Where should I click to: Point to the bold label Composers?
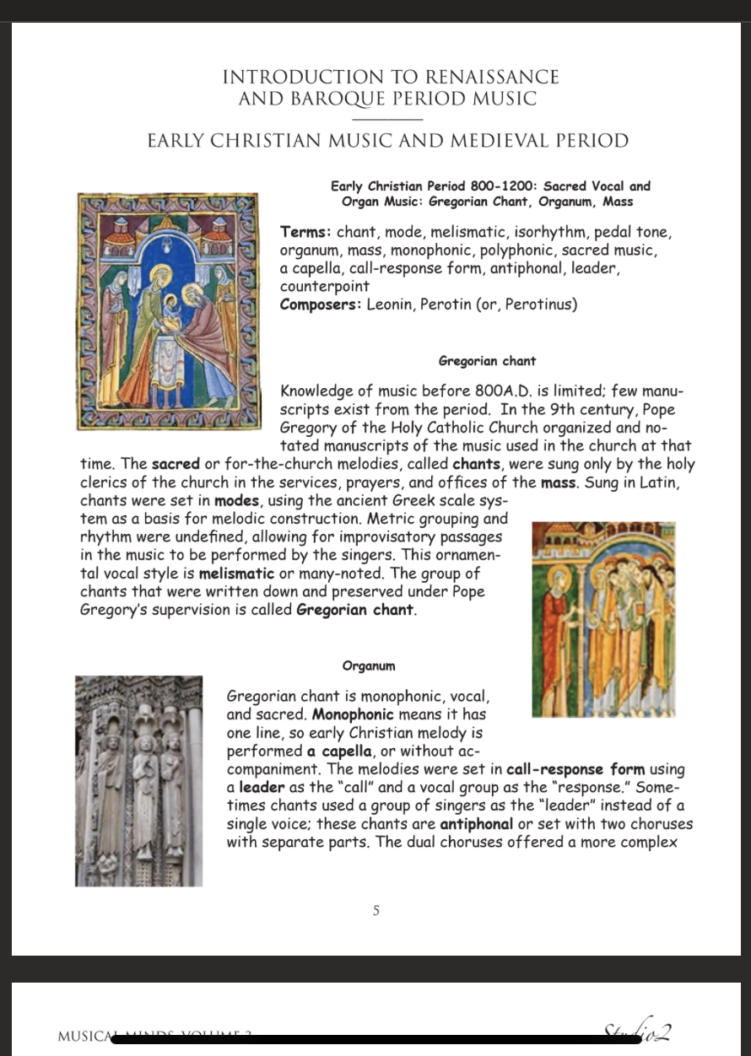point(321,304)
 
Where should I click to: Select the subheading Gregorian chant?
point(487,361)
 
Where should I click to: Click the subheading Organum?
point(369,666)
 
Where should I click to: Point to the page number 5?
point(375,911)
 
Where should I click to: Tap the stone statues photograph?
point(139,780)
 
